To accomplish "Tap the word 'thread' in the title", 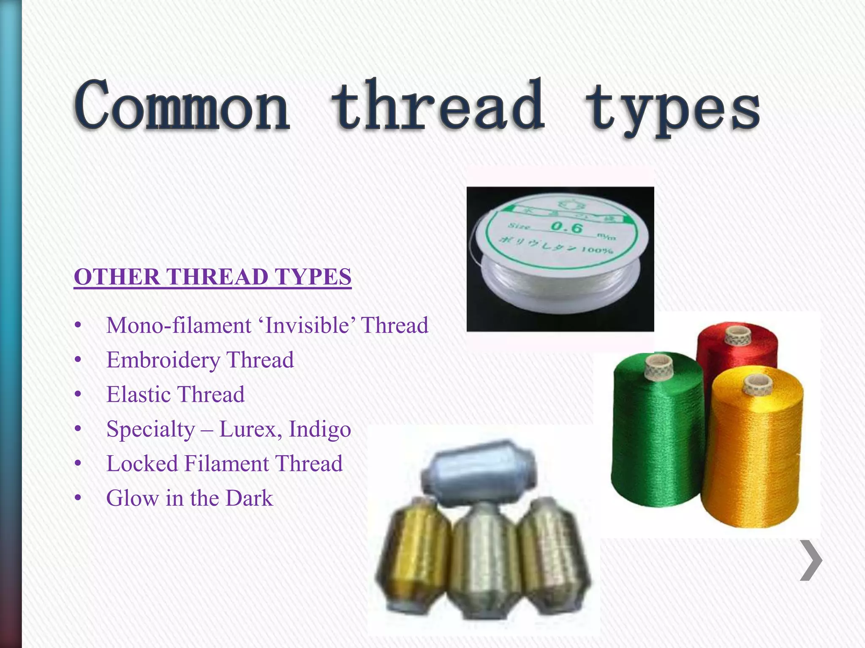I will click(438, 105).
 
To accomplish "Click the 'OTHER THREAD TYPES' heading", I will click(212, 277).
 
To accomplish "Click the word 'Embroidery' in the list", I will click(163, 360).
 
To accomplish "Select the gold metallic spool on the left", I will click(412, 557).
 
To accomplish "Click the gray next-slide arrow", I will click(811, 560).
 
